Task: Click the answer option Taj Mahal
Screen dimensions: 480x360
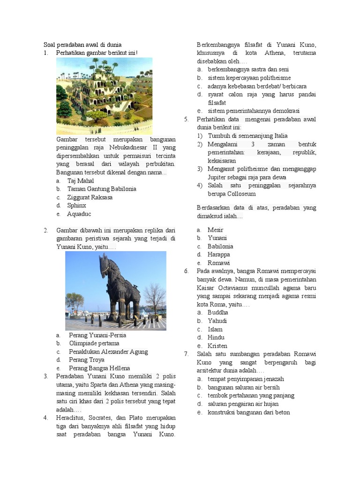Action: tap(81, 181)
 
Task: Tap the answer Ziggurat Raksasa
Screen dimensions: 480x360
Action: tap(90, 197)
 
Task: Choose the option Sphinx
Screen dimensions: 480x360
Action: tap(76, 205)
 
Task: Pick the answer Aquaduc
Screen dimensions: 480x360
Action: tap(79, 214)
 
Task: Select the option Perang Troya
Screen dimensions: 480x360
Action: tap(86, 360)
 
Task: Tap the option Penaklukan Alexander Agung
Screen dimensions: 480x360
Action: tap(108, 352)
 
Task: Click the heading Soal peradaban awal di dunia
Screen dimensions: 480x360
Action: tap(82, 45)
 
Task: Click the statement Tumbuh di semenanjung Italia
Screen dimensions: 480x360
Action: tap(247, 136)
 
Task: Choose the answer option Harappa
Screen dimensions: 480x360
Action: tap(219, 255)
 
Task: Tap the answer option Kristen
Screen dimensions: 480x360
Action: tap(217, 345)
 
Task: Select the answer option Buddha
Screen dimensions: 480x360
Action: tap(218, 312)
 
